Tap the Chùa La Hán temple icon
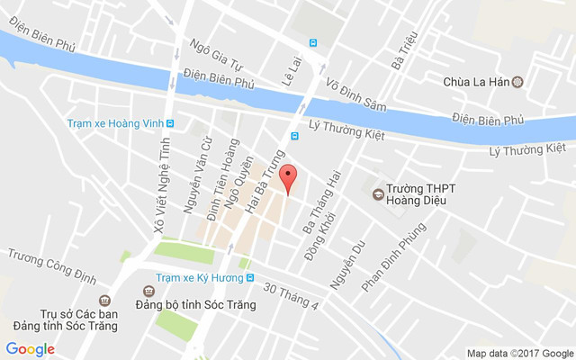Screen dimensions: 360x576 517,82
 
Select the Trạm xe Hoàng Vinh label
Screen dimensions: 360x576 115,124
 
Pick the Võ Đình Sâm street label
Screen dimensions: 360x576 355,94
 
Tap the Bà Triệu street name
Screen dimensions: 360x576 399,50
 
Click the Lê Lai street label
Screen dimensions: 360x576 291,67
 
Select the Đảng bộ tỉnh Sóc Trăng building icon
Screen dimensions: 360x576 148,292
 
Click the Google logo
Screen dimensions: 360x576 30,348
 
